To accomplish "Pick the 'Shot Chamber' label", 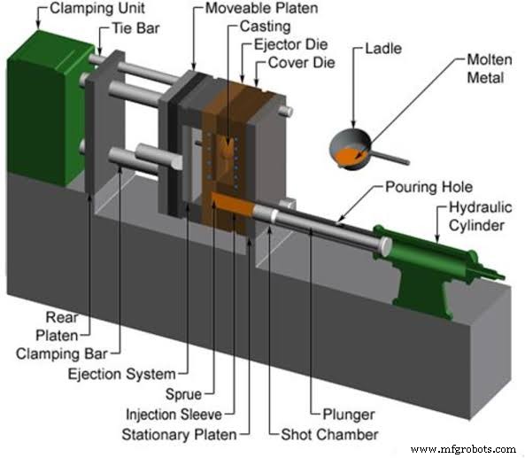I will [336, 434].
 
